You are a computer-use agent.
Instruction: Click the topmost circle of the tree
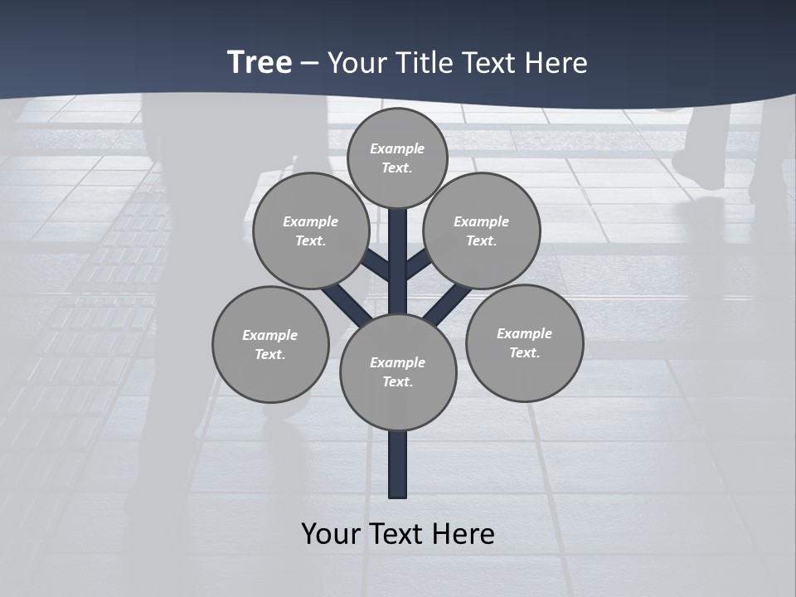pos(397,158)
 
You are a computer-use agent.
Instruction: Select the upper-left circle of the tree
pos(311,231)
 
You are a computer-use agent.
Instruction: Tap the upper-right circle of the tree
pos(482,231)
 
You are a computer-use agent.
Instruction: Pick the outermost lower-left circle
pos(270,344)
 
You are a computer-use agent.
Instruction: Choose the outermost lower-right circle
pos(524,342)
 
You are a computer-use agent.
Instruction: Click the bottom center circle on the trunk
pos(398,372)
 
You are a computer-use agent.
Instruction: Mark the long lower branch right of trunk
pos(448,305)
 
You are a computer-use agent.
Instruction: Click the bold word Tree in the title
pos(260,62)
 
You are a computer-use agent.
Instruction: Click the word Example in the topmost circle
pos(397,148)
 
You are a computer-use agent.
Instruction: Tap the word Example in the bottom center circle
pos(397,362)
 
